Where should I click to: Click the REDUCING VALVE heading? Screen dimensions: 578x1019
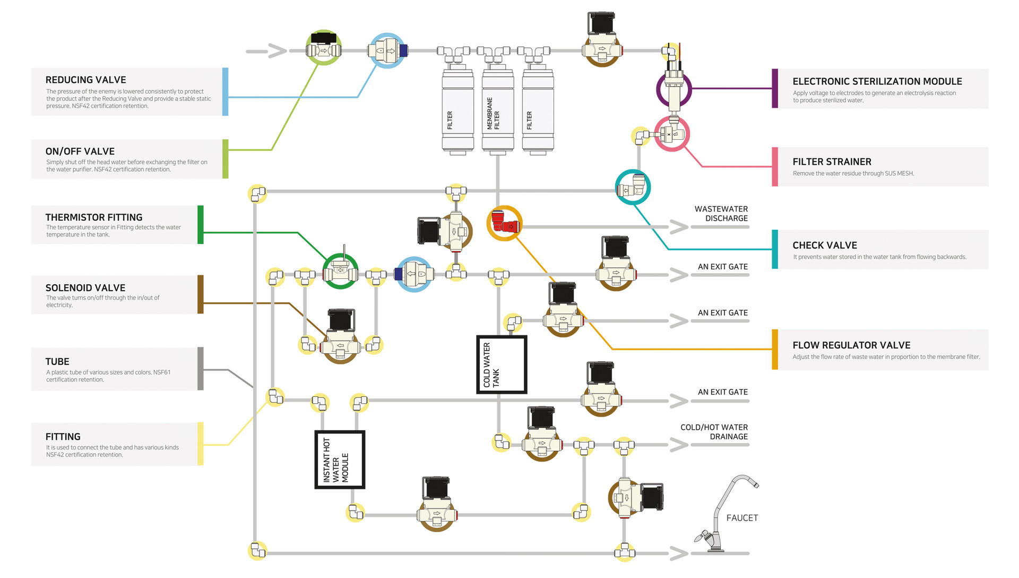pos(85,80)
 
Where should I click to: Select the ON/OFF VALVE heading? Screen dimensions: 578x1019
pos(80,151)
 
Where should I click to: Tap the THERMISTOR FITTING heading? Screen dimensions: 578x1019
pos(94,217)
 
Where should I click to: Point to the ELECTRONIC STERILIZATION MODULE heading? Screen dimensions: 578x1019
pos(877,81)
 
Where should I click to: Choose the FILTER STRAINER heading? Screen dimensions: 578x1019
pos(832,162)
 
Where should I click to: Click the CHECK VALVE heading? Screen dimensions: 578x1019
pos(824,245)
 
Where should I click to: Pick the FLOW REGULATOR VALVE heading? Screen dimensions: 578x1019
pos(851,345)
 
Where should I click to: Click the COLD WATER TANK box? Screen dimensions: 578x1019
pos(502,364)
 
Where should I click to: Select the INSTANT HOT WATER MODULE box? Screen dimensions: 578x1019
pos(340,460)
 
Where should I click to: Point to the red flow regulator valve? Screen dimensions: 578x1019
pos(504,223)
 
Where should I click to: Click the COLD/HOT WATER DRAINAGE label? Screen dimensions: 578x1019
pos(714,432)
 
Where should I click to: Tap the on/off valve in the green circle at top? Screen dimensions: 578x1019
pos(324,48)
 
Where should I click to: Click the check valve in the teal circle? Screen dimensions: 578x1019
pos(633,187)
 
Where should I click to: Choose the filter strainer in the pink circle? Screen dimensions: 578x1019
pos(671,134)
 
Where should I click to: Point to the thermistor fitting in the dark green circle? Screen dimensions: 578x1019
pos(340,270)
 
